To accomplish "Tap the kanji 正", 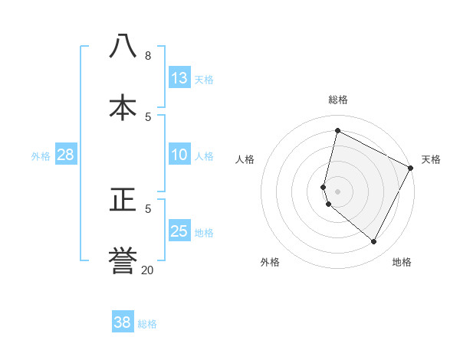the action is [123, 200].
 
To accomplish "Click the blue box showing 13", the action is [179, 78].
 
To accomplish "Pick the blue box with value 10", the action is [179, 155].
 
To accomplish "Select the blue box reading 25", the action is [179, 231].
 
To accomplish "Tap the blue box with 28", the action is [65, 155].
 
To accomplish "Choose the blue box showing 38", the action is [122, 322].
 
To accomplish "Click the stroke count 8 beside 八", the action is [147, 56].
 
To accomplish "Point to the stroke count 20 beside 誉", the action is [147, 270].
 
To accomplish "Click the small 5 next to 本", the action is [148, 116].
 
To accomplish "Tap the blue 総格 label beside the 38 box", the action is [148, 324].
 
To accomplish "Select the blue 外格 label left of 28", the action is [41, 156].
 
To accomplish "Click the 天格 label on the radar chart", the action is [431, 159].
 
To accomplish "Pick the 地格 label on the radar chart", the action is [402, 262].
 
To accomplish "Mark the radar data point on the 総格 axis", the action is [337, 131].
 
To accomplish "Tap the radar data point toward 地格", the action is [373, 242].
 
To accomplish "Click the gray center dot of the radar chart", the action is [337, 191].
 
